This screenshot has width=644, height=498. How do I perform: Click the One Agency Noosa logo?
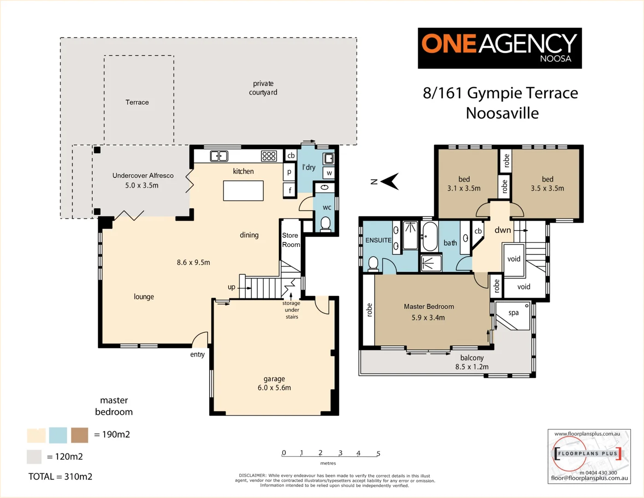499,48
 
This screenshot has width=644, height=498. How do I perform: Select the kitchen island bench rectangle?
243,190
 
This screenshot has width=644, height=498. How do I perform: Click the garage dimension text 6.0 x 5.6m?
274,388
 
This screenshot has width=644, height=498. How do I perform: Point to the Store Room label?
290,240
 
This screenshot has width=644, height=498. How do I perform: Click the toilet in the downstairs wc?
325,224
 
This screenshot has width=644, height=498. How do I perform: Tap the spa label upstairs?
514,313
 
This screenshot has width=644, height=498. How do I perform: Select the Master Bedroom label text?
429,307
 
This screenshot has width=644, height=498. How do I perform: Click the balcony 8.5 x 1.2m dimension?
472,367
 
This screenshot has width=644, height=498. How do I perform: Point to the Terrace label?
137,102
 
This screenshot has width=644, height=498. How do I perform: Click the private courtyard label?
263,88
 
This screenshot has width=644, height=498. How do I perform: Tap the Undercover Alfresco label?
143,176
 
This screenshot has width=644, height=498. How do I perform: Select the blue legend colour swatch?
58,435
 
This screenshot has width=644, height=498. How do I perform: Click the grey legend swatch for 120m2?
34,456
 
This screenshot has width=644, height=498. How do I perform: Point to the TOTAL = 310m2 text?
60,477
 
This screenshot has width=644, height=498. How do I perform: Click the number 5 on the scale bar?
378,453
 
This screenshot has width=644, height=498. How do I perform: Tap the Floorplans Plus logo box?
589,456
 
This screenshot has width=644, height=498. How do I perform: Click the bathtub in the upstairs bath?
430,237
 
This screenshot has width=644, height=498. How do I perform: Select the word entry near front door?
197,354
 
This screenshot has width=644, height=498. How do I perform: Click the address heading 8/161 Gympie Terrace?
500,93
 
